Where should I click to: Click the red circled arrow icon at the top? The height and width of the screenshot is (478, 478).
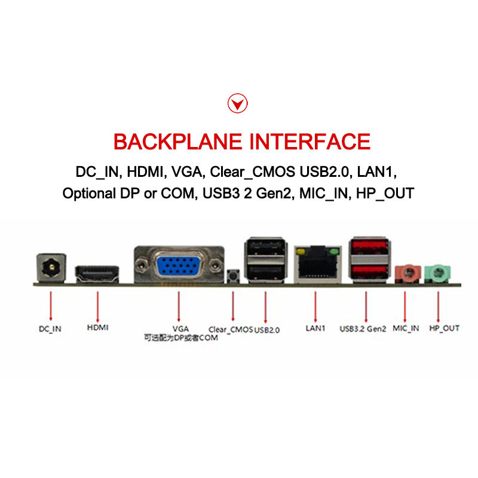tap(238, 104)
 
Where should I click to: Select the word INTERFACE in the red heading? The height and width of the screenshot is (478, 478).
tap(310, 142)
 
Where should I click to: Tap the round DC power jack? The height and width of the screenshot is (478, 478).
tap(51, 266)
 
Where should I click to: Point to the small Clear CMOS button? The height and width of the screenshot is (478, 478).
tap(233, 276)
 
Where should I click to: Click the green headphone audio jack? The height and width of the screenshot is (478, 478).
tap(438, 274)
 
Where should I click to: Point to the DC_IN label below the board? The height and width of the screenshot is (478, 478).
tap(50, 328)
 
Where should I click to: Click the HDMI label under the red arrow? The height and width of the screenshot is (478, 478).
tap(97, 327)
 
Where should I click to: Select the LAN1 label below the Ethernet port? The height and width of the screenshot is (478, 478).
tap(315, 328)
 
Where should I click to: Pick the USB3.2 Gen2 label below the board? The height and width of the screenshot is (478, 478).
tap(363, 328)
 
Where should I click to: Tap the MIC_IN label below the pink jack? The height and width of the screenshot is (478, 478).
tap(406, 328)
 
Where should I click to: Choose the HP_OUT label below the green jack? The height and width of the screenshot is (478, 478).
tap(444, 328)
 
